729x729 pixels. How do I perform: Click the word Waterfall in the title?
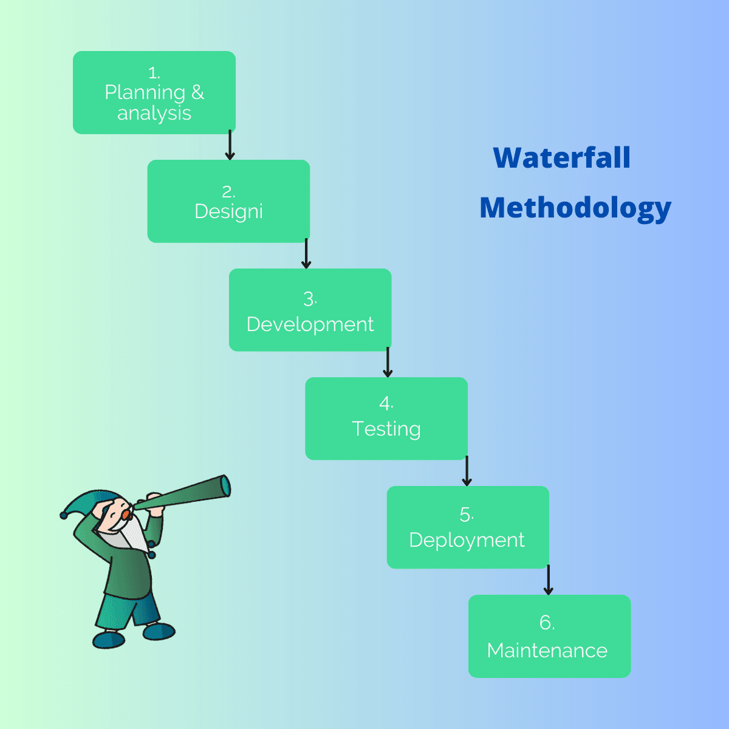pyautogui.click(x=562, y=157)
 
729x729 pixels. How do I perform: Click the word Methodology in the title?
pyautogui.click(x=575, y=208)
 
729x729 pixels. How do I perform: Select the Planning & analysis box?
pyautogui.click(x=154, y=93)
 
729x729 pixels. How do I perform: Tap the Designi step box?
pyautogui.click(x=228, y=201)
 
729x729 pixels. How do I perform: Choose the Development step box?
pyautogui.click(x=310, y=310)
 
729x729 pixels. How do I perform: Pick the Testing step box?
pyautogui.click(x=386, y=419)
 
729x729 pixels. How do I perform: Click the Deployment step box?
pyautogui.click(x=468, y=527)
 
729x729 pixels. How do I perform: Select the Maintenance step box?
pyautogui.click(x=549, y=636)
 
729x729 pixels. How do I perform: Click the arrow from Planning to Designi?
pyautogui.click(x=230, y=145)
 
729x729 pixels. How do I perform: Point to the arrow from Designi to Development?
pyautogui.click(x=306, y=253)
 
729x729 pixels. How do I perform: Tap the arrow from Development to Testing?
pyautogui.click(x=388, y=362)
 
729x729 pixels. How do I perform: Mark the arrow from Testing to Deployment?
pyautogui.click(x=467, y=471)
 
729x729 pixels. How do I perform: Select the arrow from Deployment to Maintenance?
pyautogui.click(x=548, y=580)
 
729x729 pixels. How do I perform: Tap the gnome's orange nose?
pyautogui.click(x=126, y=515)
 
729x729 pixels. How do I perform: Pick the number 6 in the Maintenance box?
pyautogui.click(x=546, y=622)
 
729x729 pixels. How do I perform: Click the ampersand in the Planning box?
pyautogui.click(x=197, y=92)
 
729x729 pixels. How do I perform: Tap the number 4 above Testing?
pyautogui.click(x=385, y=403)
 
